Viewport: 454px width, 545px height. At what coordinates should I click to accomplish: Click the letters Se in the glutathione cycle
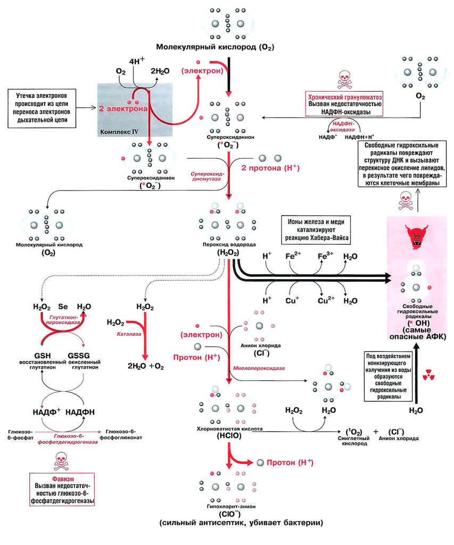(63, 307)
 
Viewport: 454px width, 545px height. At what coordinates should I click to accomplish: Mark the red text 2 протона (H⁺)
(270, 168)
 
